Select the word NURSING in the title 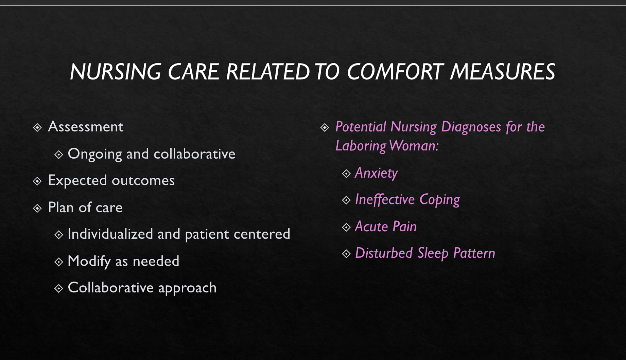click(115, 72)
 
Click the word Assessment click(86, 127)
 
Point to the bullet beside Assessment click(37, 128)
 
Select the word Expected click(77, 181)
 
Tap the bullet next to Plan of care click(37, 208)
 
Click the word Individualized click(110, 234)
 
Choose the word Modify click(89, 261)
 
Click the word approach click(187, 288)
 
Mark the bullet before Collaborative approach click(59, 289)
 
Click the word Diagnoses click(471, 127)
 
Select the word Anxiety click(376, 173)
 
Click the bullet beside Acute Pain click(346, 227)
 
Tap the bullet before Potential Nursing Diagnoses click(325, 128)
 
